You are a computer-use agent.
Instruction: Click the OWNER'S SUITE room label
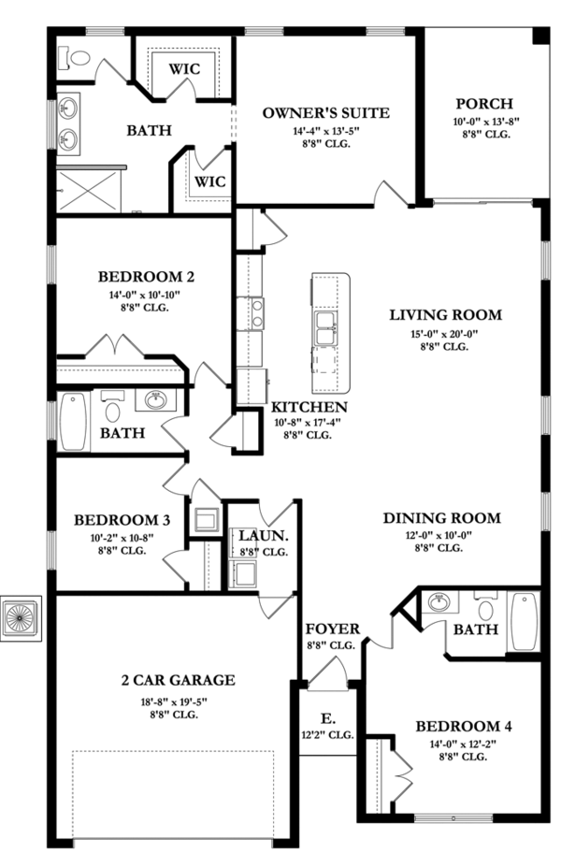point(324,113)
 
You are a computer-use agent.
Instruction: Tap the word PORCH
point(482,103)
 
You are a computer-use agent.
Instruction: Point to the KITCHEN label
point(309,407)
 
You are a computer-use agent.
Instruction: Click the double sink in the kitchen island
point(326,324)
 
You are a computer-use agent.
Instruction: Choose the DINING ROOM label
point(441,518)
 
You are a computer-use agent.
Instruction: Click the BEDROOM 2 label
point(146,277)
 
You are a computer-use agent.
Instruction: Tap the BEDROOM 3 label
point(122,520)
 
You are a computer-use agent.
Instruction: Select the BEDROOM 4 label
point(464,726)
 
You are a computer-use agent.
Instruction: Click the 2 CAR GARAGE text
point(177,680)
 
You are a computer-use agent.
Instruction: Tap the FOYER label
point(331,629)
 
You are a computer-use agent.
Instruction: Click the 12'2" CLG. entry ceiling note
point(327,735)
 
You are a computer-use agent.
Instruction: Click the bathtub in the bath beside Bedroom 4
point(524,620)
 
